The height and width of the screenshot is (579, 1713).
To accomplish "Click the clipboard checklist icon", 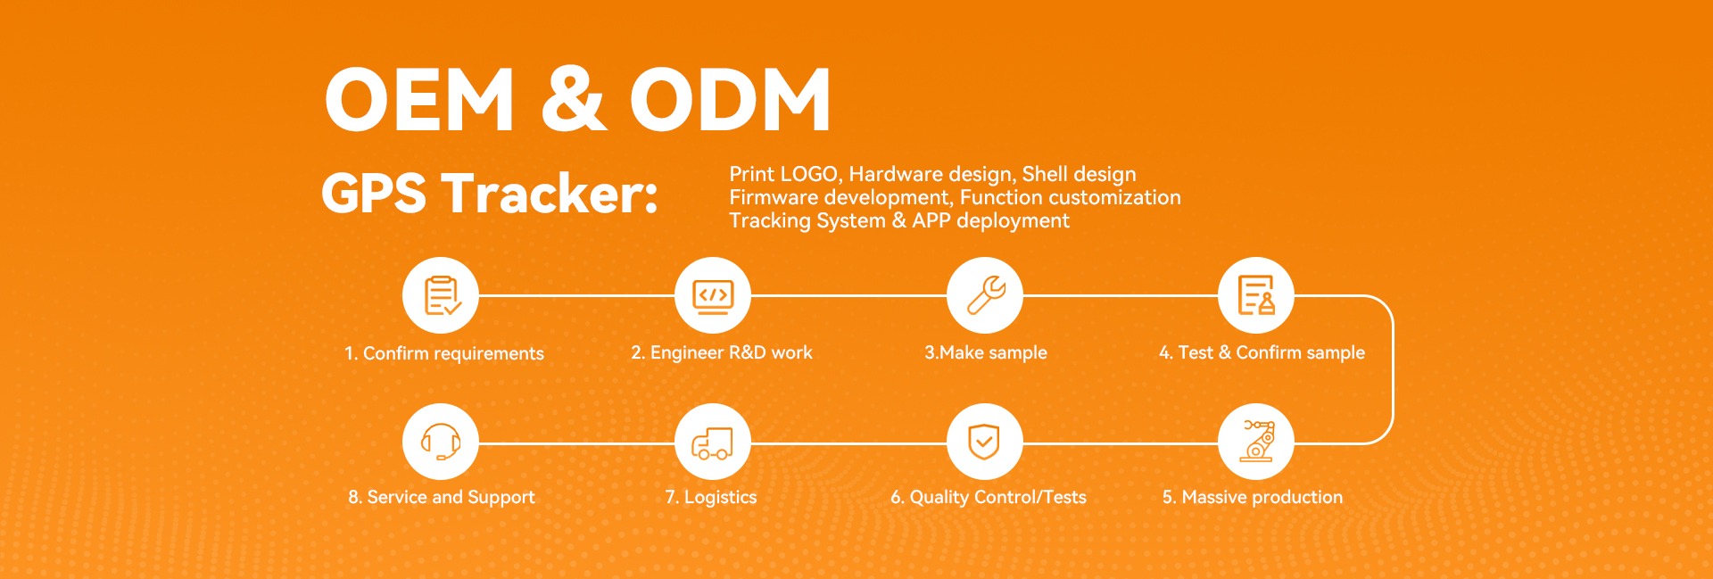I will (441, 295).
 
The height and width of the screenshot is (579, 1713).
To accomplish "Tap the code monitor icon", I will (713, 295).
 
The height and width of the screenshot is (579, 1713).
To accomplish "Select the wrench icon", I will (985, 295).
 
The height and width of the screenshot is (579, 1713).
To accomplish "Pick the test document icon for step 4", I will (1256, 295).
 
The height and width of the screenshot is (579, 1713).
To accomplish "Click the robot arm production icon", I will (1256, 442).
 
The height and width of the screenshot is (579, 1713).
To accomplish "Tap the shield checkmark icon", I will (984, 442).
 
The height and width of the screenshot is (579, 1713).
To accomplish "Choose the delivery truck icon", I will (713, 442).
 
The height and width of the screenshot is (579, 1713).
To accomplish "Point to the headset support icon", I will (441, 442).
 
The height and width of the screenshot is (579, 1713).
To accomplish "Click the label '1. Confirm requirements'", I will (444, 353).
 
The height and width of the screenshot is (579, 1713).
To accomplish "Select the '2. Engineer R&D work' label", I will (722, 352).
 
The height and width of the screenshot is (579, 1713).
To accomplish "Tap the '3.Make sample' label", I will (986, 352).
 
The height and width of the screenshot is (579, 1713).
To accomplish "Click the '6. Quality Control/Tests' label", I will (989, 497).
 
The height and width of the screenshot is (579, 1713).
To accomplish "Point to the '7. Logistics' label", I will (711, 497).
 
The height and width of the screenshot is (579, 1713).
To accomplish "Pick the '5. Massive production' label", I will (1253, 497).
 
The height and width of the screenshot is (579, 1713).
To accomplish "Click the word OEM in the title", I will (420, 99).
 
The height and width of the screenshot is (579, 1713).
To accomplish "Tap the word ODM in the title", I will (731, 99).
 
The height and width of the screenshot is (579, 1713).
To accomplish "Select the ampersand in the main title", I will (573, 99).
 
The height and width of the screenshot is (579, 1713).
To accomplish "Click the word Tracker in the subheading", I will (550, 194).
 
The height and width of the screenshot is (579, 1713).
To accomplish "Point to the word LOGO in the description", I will (809, 174).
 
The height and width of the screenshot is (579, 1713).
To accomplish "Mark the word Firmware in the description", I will (774, 197).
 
